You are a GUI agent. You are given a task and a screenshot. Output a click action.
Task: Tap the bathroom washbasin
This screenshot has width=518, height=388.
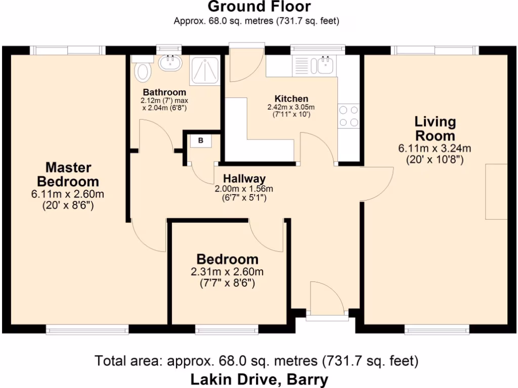click(x=170, y=64)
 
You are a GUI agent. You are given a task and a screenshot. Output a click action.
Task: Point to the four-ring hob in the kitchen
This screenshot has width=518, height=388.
click(x=349, y=116)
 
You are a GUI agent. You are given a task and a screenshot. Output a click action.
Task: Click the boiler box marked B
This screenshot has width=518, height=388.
click(x=201, y=141)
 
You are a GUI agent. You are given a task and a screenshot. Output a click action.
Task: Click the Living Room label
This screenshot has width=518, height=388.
click(x=435, y=129)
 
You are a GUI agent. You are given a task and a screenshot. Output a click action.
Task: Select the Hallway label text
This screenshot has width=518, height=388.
click(x=245, y=178)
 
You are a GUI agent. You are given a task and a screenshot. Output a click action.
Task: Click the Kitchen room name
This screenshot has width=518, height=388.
click(x=291, y=99)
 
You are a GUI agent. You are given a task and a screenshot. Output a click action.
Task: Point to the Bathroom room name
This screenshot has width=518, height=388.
click(x=164, y=92)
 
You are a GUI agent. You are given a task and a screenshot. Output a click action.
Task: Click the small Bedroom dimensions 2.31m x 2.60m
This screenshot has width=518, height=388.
click(x=227, y=272)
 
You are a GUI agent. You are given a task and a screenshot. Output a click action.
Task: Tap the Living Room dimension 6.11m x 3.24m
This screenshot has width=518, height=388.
click(x=435, y=149)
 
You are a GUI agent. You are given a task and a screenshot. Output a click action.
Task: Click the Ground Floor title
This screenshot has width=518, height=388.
click(x=259, y=7)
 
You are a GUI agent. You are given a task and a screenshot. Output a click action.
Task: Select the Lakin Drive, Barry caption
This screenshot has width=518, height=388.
click(x=259, y=379)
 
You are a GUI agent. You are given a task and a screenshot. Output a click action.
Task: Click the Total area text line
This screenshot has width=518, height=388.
click(x=256, y=361)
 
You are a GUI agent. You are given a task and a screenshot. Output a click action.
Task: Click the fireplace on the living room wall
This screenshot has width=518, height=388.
click(x=496, y=191)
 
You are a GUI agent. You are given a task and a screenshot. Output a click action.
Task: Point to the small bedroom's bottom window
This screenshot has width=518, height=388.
click(x=226, y=330)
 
